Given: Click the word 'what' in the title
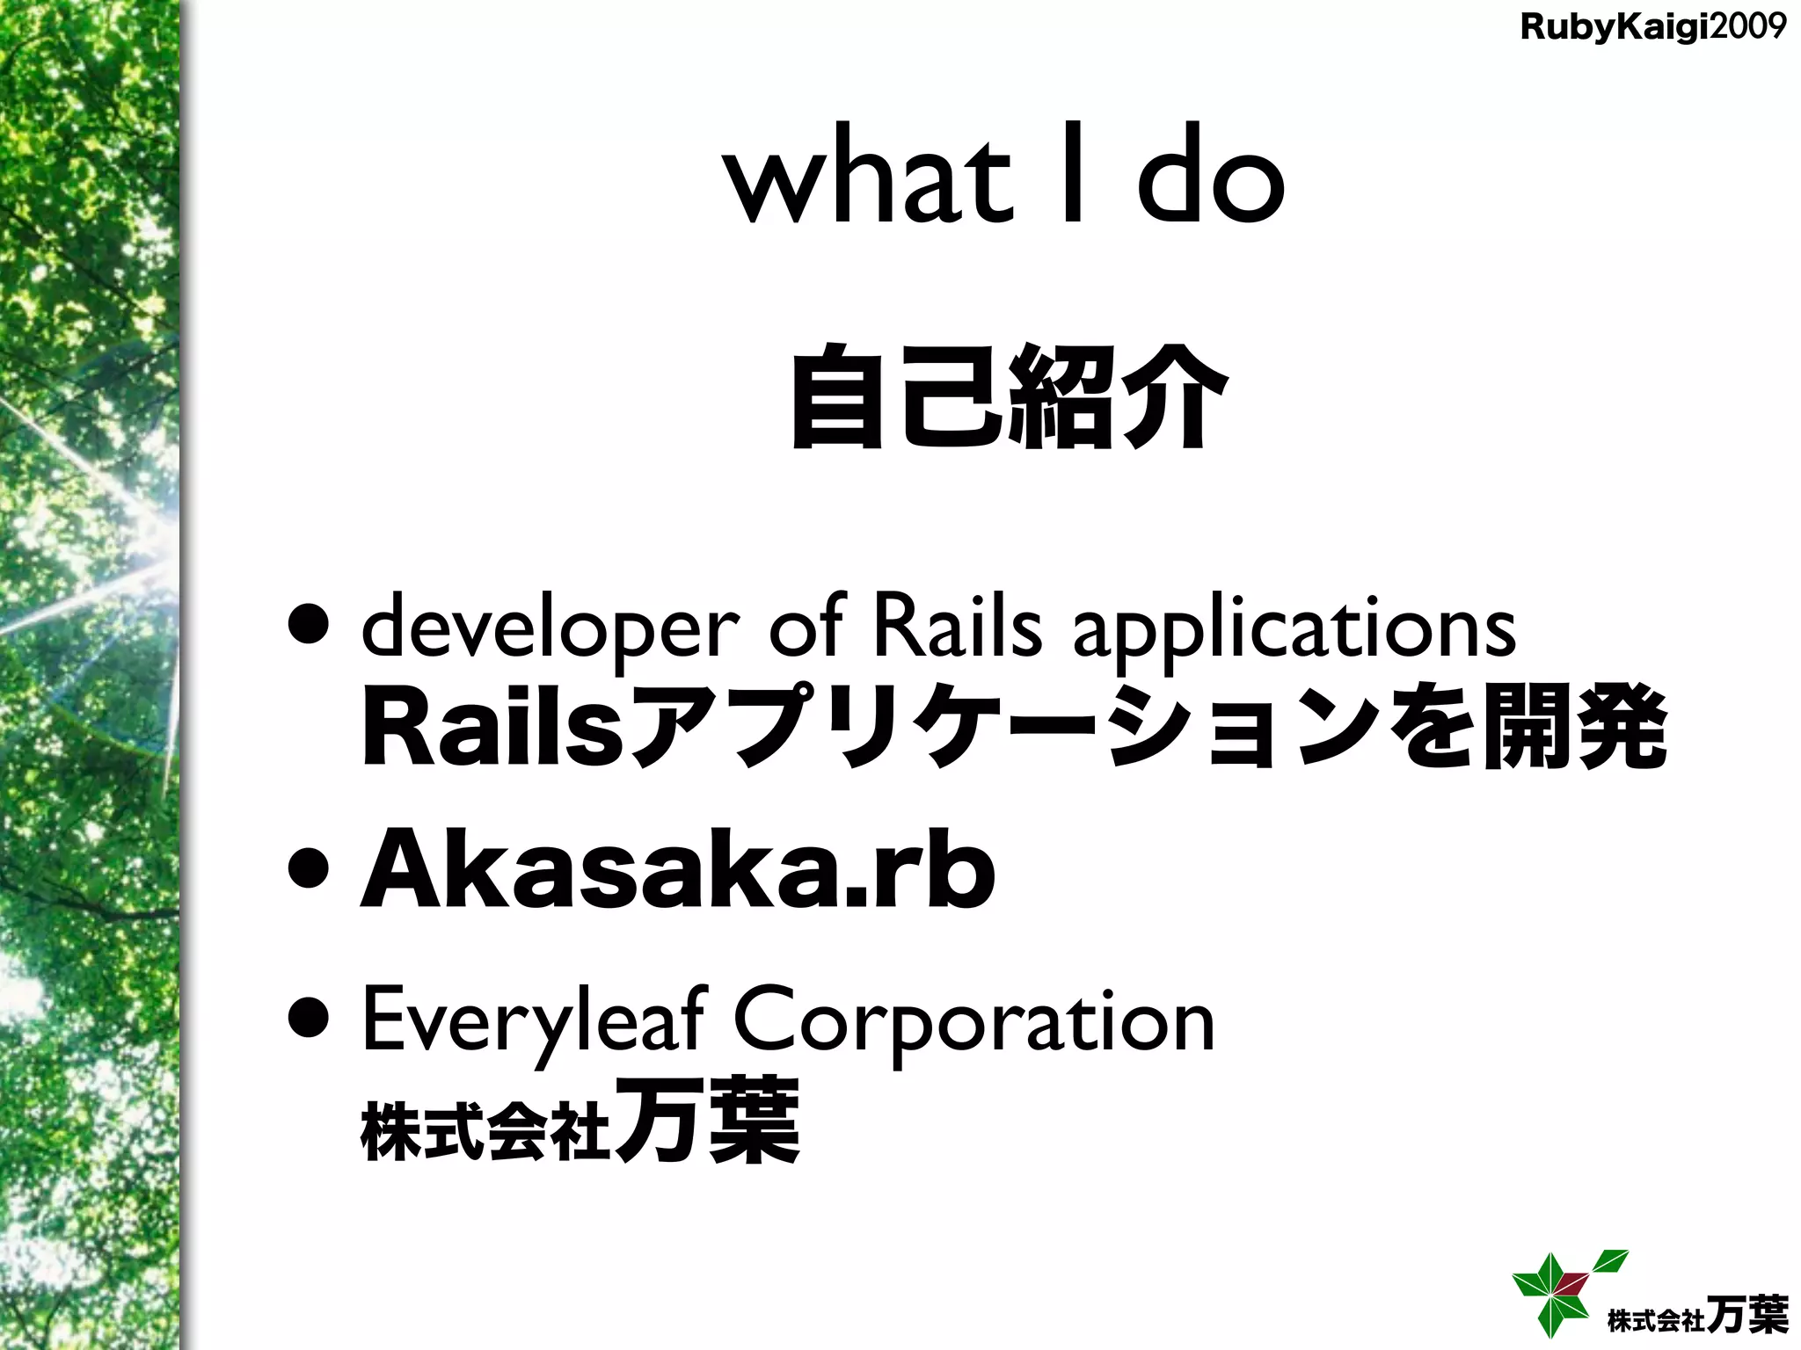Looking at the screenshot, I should pos(866,180).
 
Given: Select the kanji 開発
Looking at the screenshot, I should pos(1574,729).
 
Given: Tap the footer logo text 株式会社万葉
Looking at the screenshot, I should pos(1697,1316).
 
